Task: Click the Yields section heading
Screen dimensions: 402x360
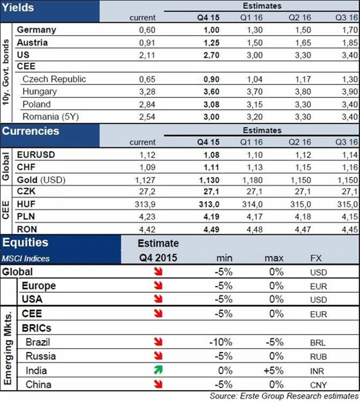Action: click(19, 7)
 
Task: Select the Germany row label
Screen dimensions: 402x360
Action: click(36, 30)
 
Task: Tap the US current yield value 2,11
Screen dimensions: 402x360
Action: click(146, 55)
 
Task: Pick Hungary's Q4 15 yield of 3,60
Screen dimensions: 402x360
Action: click(208, 92)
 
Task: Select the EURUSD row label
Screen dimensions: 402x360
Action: click(38, 154)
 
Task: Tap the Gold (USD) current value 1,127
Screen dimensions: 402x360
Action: click(144, 180)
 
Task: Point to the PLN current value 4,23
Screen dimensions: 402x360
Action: click(146, 216)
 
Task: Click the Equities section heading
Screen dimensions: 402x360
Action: click(26, 243)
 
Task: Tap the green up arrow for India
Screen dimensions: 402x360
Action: click(160, 370)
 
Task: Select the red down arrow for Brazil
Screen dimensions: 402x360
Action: click(160, 342)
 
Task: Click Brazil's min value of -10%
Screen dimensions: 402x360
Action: click(218, 342)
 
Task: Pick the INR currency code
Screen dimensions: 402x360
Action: click(318, 371)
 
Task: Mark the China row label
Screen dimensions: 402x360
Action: click(38, 385)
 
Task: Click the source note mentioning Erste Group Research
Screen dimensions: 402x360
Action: click(283, 396)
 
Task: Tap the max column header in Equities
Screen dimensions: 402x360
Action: click(273, 258)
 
